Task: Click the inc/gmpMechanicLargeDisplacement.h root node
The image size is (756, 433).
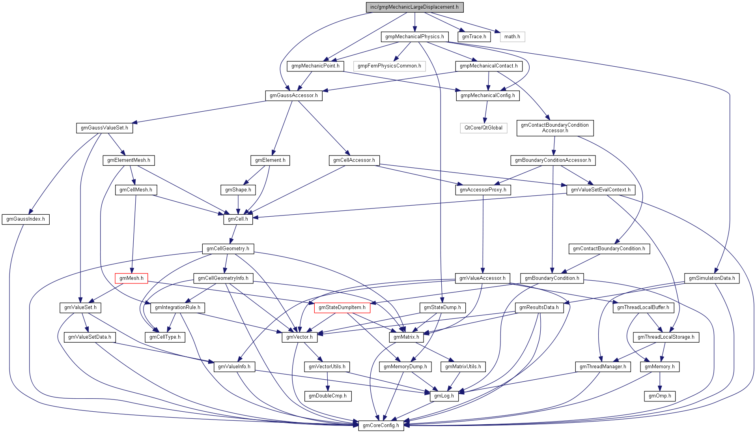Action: point(414,7)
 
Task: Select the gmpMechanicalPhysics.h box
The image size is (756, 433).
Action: point(414,37)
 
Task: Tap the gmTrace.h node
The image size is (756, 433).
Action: point(474,37)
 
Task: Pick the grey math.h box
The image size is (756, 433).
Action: point(512,37)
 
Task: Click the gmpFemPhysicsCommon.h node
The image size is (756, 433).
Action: point(389,66)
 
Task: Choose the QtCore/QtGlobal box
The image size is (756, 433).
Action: point(483,128)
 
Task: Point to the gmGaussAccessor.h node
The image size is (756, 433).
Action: point(293,96)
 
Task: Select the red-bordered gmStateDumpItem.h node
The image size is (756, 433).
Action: point(342,307)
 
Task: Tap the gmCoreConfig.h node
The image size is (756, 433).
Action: point(381,426)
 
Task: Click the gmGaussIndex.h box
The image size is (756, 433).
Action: point(26,219)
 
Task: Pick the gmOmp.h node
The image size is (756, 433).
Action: point(660,396)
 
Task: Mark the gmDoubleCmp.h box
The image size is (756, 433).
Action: point(327,396)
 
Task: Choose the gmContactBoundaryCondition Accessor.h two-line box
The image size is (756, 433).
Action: point(554,128)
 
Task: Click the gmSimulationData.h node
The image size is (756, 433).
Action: point(711,278)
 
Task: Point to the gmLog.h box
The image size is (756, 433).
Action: point(444,396)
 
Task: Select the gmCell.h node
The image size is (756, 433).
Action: point(238,219)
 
